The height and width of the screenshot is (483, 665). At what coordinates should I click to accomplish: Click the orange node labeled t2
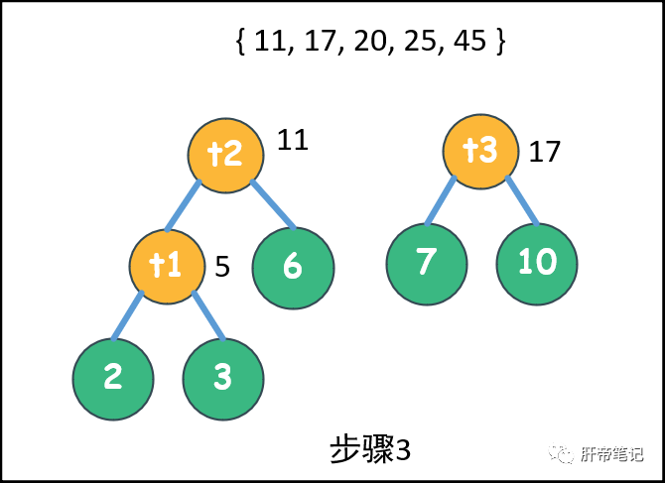click(x=226, y=155)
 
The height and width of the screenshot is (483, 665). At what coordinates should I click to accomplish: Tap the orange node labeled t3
click(x=481, y=151)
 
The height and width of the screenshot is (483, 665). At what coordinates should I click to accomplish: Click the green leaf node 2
click(x=113, y=377)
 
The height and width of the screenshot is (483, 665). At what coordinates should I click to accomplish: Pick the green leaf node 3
click(x=222, y=377)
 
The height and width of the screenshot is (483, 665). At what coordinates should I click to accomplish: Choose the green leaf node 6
click(x=292, y=268)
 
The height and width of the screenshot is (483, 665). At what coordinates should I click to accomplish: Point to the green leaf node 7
click(x=426, y=263)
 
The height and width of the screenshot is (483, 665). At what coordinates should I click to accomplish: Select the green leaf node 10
click(x=536, y=263)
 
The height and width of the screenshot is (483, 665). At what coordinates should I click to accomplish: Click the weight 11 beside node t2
click(x=293, y=140)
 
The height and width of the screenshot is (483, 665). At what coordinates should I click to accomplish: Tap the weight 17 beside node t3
click(x=545, y=152)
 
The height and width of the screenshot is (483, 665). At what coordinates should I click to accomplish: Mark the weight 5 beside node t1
click(x=222, y=267)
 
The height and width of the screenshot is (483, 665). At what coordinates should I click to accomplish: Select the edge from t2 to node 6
click(x=273, y=205)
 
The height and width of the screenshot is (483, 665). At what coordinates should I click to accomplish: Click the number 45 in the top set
click(x=472, y=43)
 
